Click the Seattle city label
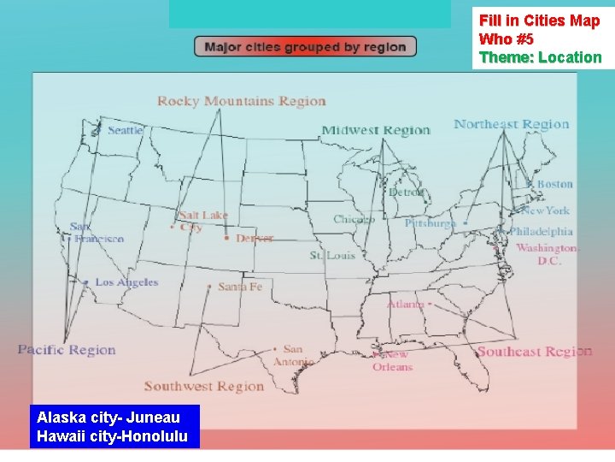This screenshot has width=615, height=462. [126, 130]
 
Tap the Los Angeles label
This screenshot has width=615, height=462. [126, 282]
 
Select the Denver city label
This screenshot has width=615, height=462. [255, 238]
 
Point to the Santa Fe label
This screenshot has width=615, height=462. [240, 287]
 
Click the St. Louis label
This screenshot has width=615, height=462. [332, 255]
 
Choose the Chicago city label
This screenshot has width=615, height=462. [354, 219]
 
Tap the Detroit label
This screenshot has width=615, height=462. [406, 192]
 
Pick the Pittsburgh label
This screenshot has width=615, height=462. [430, 223]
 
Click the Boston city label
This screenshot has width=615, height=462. [554, 184]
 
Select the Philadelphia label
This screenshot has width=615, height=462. [541, 231]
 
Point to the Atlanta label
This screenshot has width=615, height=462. [405, 304]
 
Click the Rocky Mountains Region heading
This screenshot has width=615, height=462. [242, 101]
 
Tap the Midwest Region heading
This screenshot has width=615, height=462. [376, 130]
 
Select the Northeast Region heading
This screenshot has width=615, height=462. [511, 124]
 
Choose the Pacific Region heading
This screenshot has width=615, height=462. [67, 349]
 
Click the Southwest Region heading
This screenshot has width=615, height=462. [204, 387]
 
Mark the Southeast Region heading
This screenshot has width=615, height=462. [534, 352]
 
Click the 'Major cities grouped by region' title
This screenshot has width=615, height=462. [305, 47]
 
